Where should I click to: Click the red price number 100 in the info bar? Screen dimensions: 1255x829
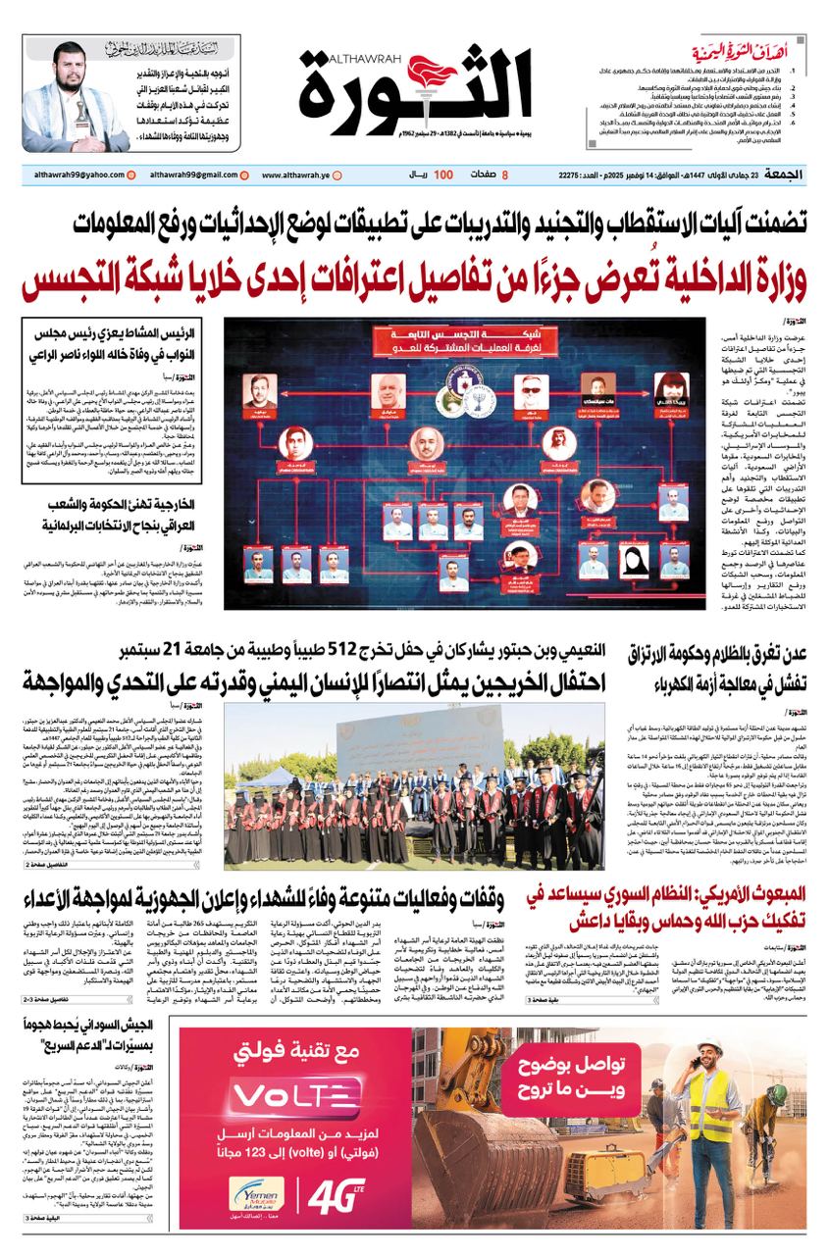(442, 174)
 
